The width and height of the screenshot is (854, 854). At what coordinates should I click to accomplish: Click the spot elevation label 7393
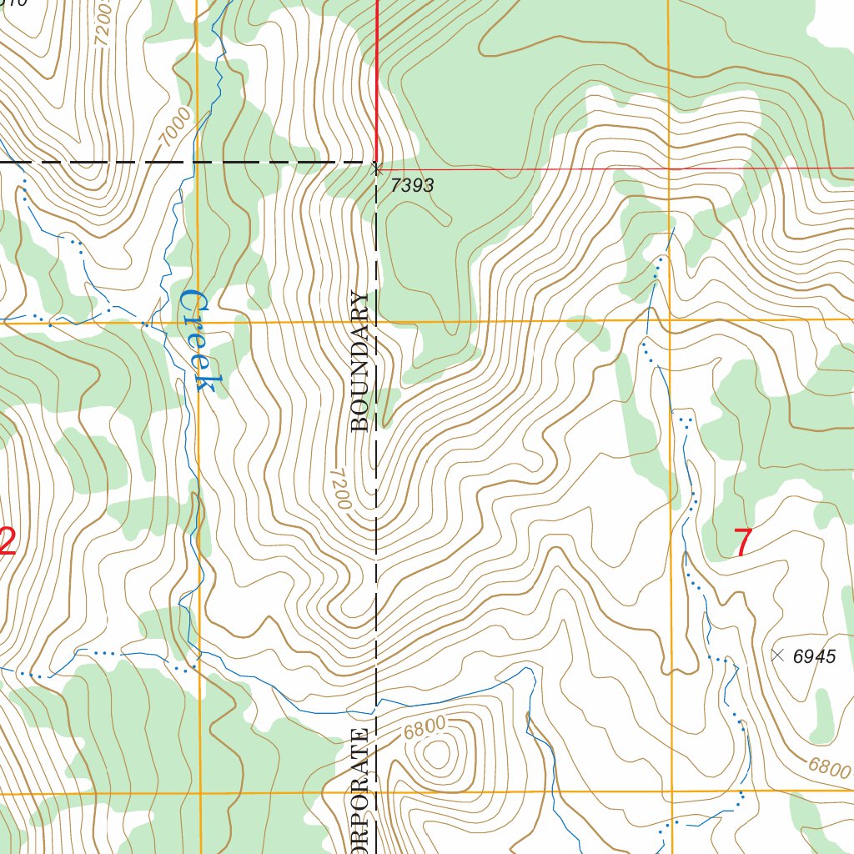(412, 185)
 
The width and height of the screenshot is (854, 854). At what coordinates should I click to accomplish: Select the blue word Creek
(198, 339)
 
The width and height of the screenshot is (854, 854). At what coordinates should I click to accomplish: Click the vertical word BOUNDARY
(360, 360)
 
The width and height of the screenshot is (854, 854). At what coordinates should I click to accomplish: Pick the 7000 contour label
(176, 128)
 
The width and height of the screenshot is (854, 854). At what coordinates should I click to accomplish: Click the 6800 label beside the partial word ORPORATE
(424, 728)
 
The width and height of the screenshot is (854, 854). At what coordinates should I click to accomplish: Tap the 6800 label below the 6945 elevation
(828, 766)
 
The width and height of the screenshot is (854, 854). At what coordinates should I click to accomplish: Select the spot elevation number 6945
(814, 657)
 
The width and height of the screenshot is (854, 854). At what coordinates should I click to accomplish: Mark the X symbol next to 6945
(778, 656)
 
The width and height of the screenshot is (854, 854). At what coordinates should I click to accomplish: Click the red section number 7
(742, 543)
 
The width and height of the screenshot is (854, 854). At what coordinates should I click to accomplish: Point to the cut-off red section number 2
(7, 541)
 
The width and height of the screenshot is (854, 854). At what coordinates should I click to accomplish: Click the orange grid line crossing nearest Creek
(199, 321)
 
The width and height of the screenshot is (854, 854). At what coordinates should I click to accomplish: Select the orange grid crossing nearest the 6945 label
(671, 791)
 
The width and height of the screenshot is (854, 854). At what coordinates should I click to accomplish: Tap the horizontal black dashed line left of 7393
(183, 162)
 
